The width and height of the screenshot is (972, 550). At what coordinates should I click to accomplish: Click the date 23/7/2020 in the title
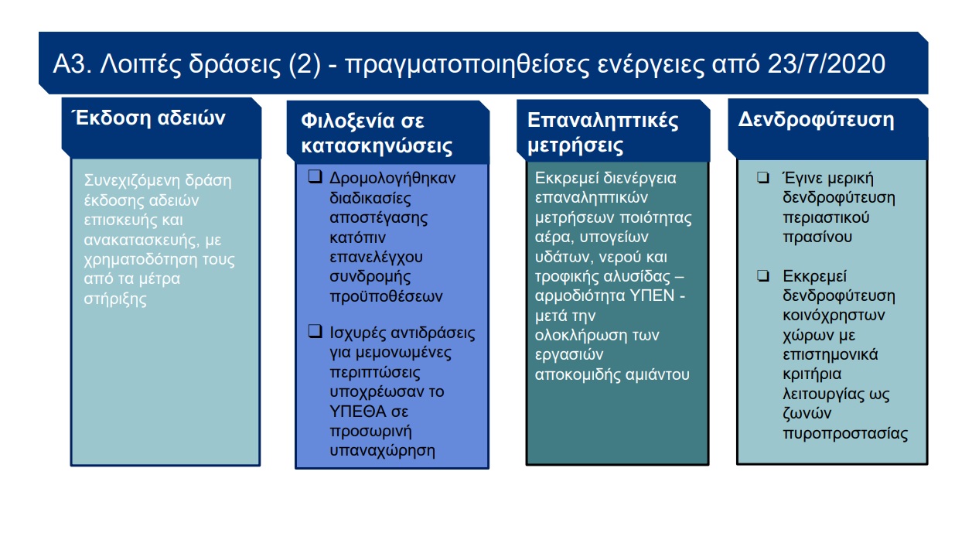[x=826, y=64]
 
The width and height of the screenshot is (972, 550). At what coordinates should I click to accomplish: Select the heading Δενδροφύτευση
[x=816, y=120]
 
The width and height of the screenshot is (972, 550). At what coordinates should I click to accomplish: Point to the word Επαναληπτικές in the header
[x=602, y=120]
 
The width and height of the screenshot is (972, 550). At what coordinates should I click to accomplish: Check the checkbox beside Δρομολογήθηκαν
[x=315, y=176]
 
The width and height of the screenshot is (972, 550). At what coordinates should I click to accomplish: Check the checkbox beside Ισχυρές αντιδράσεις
[x=315, y=331]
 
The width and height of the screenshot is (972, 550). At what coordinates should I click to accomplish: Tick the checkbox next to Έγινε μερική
[x=763, y=178]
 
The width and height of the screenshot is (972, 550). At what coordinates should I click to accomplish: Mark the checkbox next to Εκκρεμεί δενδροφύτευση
[x=763, y=275]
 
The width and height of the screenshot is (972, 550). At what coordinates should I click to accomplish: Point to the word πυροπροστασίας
[x=845, y=434]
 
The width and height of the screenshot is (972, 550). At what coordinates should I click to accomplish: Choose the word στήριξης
[x=115, y=299]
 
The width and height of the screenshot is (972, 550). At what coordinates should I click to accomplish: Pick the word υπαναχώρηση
[x=382, y=451]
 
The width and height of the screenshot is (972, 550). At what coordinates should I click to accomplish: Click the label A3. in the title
[x=72, y=64]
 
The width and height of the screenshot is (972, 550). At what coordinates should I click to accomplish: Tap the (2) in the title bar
[x=305, y=64]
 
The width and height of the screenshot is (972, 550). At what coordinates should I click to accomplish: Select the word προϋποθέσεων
[x=386, y=296]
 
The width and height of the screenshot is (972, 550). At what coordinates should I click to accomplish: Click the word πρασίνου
[x=817, y=237]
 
